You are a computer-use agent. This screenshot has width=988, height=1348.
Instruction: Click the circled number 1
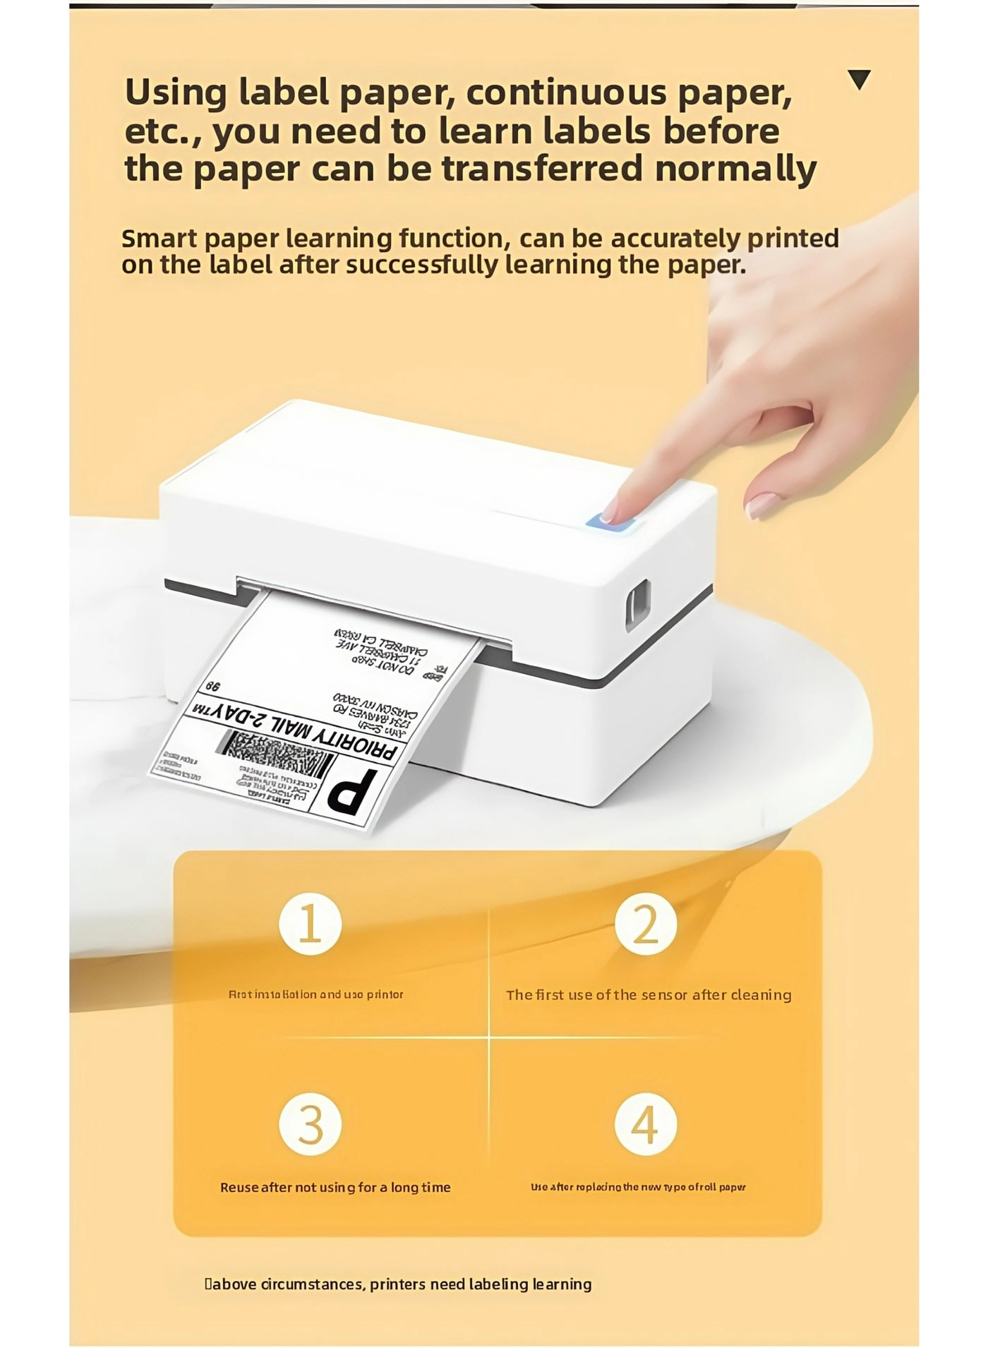[310, 924]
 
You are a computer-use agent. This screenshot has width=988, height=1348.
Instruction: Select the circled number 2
[645, 924]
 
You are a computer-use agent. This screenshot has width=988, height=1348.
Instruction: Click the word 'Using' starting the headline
[176, 92]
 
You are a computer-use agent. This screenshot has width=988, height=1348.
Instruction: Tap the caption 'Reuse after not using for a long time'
[335, 1187]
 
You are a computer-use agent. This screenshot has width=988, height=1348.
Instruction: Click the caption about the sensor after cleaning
[649, 994]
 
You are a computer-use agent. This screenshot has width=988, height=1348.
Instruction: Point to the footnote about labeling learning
[399, 1284]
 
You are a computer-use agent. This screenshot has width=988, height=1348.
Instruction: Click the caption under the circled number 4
[638, 1187]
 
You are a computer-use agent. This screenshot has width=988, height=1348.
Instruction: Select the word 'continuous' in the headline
[565, 92]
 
